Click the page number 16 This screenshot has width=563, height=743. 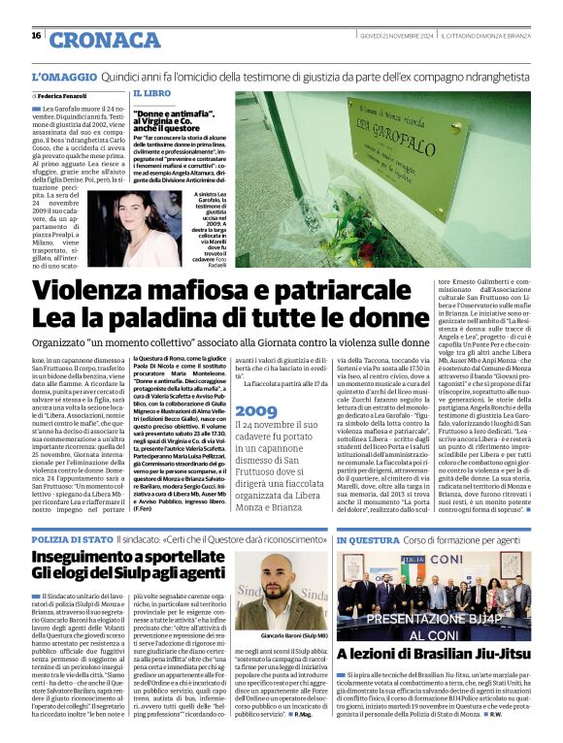36,36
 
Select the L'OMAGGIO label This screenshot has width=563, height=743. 64,76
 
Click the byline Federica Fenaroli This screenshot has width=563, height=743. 63,98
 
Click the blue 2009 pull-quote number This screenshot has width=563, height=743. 255,411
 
